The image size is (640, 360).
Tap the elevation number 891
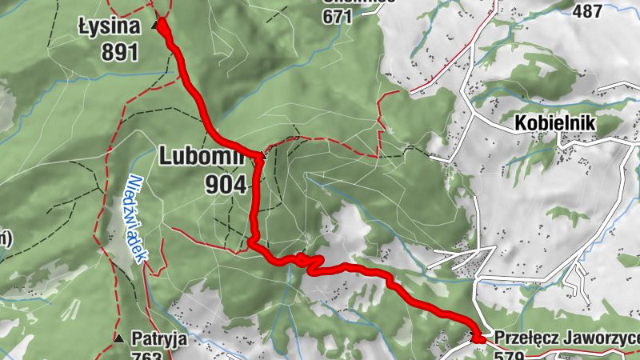coord(120,53)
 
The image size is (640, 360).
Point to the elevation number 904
coord(225,185)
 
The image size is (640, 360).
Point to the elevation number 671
coord(338,16)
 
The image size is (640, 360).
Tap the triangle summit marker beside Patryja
coord(118,339)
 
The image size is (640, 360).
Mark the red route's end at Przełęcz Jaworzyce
coord(478,340)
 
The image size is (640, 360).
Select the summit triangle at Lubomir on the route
coord(261,154)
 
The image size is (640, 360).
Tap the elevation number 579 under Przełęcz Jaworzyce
coord(512,355)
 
